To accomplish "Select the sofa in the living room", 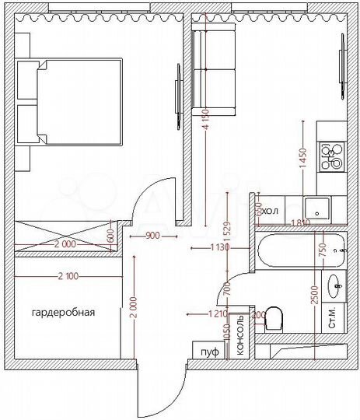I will pos(214,70).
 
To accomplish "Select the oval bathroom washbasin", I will pos(337,285).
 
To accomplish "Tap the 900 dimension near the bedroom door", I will pos(154,236).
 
